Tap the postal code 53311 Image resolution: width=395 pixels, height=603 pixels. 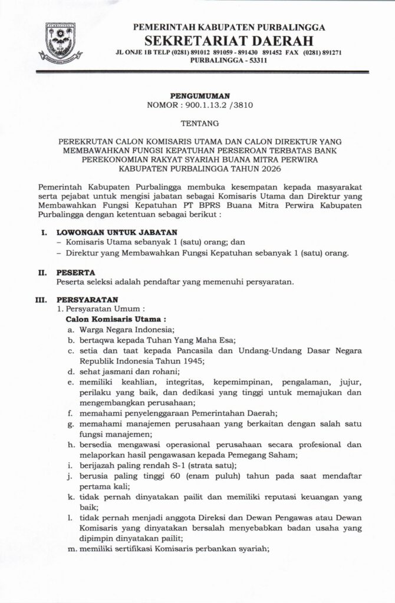tap(255, 61)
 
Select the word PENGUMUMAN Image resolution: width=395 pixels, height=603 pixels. tap(197, 95)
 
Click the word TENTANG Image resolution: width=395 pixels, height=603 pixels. tap(197, 124)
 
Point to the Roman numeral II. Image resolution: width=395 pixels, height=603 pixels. tap(42, 273)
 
